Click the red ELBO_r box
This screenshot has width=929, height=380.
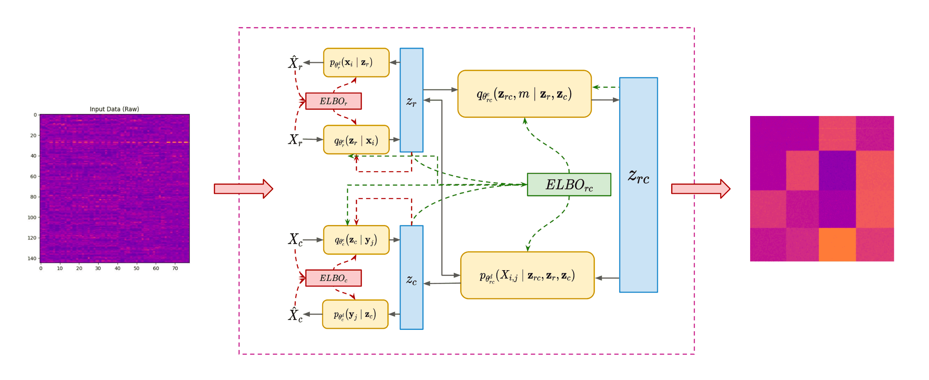click(333, 101)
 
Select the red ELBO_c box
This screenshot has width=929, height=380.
click(333, 278)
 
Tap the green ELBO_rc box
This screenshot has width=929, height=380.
click(569, 185)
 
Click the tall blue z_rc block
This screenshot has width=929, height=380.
click(638, 185)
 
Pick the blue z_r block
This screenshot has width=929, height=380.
click(411, 100)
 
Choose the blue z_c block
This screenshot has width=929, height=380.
click(411, 277)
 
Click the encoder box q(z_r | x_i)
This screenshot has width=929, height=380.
click(356, 140)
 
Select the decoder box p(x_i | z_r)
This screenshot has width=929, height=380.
click(356, 63)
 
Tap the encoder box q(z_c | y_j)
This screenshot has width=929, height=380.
click(356, 240)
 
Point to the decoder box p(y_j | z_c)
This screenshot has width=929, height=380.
click(355, 314)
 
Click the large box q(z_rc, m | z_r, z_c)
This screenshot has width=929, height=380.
click(524, 94)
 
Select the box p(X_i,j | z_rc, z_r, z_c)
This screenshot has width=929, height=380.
click(527, 276)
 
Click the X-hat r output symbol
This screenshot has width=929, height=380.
click(295, 63)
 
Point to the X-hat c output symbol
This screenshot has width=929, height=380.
click(295, 315)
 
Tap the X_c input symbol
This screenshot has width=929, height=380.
click(295, 240)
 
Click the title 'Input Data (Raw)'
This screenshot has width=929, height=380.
click(114, 109)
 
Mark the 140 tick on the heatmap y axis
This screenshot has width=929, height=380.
click(32, 259)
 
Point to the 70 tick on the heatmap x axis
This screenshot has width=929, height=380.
click(175, 269)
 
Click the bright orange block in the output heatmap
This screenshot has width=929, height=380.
click(837, 245)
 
